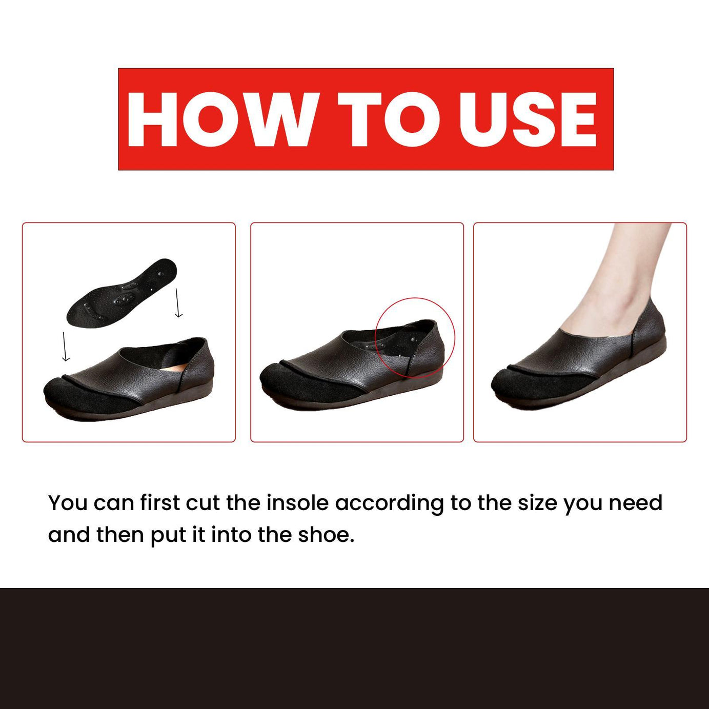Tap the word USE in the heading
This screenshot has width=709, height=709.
point(528,119)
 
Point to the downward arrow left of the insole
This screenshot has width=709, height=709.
point(65,347)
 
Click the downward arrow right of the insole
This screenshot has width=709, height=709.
point(178,303)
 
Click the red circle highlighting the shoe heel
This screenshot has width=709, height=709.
point(454,333)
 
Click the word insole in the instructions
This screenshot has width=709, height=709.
point(297,503)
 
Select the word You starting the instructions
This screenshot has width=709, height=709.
point(68,503)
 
